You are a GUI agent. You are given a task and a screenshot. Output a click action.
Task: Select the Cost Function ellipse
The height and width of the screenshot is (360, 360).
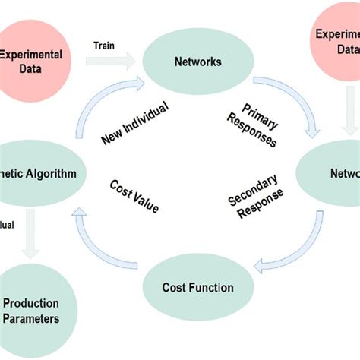197,287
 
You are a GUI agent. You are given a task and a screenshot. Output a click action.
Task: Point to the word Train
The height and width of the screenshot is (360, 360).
104,45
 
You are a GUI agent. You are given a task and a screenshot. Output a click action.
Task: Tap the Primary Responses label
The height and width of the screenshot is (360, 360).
251,123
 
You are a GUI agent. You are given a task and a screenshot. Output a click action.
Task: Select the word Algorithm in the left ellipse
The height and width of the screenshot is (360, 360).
51,173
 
